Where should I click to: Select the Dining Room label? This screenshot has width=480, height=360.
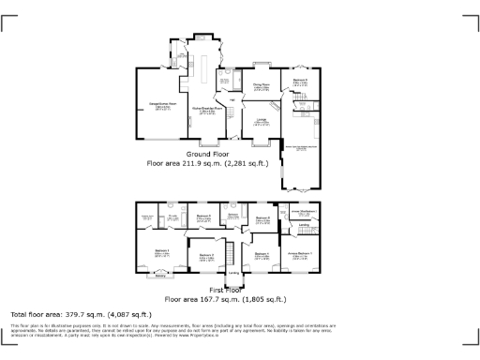tap(261, 86)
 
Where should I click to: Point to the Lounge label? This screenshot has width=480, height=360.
tap(262, 121)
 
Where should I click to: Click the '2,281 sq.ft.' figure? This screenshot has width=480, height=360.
tap(240, 163)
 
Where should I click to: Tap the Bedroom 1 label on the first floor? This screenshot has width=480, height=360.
tap(161, 251)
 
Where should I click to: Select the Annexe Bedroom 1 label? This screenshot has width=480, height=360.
tap(300, 254)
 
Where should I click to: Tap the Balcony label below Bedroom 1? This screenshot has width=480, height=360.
tap(160, 277)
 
